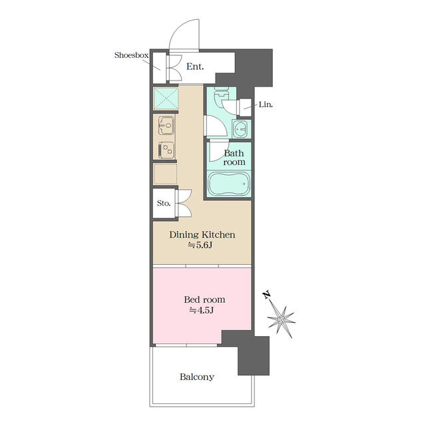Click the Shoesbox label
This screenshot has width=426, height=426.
point(131,55)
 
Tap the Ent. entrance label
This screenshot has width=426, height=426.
point(195,67)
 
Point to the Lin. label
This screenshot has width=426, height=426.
point(266,105)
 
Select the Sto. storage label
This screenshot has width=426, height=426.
point(164,203)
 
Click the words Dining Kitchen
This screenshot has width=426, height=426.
point(202,234)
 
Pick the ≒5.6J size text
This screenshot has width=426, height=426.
point(200,245)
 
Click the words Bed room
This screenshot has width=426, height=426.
point(204,300)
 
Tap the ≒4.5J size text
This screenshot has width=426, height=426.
point(201,310)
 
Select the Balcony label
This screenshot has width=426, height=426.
point(197,377)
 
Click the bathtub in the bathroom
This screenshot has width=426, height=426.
point(228,184)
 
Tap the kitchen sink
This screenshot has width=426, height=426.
point(166,126)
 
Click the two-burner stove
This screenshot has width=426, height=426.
point(166,150)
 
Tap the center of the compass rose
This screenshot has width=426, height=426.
point(281,319)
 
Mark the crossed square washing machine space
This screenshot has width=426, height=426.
point(166,99)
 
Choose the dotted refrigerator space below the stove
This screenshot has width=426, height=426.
point(165,174)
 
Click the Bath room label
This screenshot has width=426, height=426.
point(234,158)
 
